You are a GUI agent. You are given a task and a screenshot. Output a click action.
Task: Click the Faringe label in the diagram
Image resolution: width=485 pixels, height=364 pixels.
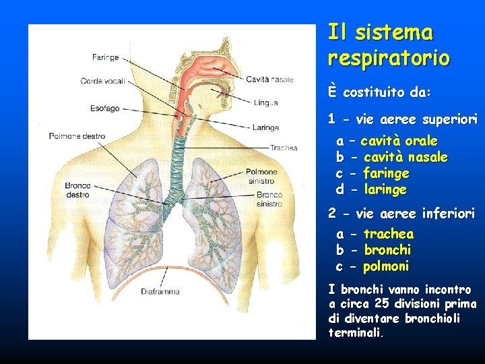point(106,57)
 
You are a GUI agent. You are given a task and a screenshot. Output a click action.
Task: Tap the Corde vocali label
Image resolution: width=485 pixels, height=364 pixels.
point(102,82)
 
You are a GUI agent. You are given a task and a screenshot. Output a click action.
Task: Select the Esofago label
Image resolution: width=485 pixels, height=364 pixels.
point(104,108)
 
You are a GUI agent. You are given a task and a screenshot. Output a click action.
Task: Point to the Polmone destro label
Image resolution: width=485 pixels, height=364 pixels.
point(77,136)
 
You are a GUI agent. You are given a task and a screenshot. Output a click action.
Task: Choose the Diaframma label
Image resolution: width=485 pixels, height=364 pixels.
point(160,292)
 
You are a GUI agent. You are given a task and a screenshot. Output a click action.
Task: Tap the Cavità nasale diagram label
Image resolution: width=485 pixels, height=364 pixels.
point(269,80)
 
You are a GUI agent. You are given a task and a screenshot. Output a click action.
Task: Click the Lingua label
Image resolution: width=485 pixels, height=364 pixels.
point(266,102)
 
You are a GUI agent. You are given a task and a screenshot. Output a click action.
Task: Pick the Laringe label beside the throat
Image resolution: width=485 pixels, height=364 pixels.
point(267,126)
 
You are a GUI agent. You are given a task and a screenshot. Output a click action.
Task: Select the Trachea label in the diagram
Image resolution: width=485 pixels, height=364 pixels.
point(284,148)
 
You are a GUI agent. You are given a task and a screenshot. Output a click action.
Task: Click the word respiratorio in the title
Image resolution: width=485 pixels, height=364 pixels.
point(389,58)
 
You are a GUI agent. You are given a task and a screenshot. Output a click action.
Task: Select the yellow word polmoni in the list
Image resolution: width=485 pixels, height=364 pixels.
point(386,266)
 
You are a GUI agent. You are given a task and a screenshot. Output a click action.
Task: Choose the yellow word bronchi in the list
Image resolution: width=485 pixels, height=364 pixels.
point(387,250)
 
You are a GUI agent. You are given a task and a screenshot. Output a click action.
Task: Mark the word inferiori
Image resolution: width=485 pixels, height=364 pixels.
point(448,214)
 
